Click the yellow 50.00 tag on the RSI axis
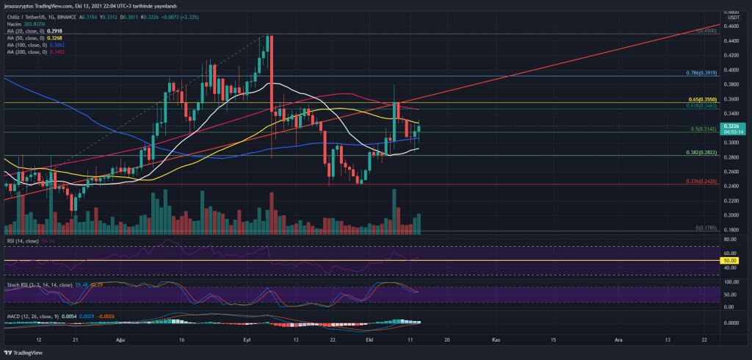(x=731, y=260)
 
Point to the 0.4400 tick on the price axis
(x=730, y=40)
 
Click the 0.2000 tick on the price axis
(x=730, y=215)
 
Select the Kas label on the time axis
(x=496, y=341)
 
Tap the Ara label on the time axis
(x=616, y=341)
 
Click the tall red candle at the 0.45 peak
(x=270, y=73)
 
